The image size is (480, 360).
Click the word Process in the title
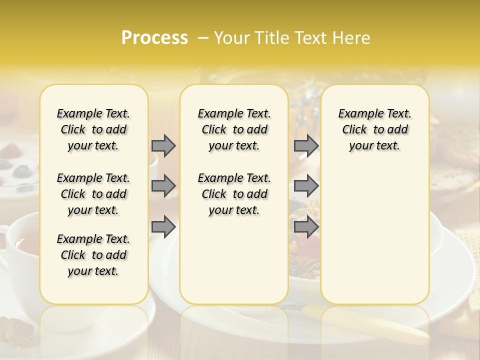pos(154,38)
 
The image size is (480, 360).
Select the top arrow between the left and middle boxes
pos(163,145)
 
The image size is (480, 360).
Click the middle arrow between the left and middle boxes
pos(163,186)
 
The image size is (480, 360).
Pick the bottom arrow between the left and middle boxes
pos(163,226)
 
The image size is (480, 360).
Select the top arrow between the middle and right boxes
pos(306,145)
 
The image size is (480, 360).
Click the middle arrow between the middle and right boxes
pos(306,186)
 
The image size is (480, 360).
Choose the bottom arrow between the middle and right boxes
pos(306,226)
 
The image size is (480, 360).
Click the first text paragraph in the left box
pos(93,129)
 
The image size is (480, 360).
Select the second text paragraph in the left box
pos(93,194)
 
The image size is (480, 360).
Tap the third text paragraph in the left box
pos(93,255)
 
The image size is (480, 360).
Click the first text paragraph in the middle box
pos(234,129)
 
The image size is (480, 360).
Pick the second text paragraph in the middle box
pos(234,194)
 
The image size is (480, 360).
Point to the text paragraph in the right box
pos(374,129)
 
